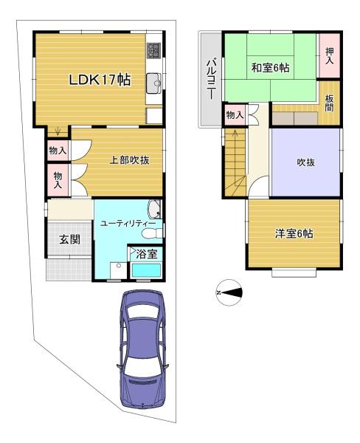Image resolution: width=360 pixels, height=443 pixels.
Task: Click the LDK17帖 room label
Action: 100,80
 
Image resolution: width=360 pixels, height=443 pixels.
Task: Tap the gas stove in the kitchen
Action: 154,50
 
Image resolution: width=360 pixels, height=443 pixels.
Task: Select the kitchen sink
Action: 154,83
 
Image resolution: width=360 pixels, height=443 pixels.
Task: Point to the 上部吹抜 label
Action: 129,160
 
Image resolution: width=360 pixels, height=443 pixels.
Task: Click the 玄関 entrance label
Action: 70,239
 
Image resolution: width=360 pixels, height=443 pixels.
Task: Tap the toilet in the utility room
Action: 152,233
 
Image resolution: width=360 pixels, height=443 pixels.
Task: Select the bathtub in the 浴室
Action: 147,270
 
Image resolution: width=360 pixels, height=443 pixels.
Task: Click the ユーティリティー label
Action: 128,224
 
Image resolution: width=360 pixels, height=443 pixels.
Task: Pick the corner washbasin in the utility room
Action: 154,209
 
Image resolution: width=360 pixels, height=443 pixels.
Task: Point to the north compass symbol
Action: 229,292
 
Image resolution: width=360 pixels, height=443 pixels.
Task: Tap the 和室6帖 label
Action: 270,68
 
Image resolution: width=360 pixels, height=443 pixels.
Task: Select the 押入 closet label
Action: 330,55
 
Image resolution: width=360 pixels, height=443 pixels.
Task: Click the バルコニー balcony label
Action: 211,80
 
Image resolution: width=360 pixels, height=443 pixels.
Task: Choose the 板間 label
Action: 329,103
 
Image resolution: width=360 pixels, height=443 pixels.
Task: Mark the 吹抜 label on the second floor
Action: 306,162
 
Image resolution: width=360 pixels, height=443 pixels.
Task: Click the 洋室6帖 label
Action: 294,233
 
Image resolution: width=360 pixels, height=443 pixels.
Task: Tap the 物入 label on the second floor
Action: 235,115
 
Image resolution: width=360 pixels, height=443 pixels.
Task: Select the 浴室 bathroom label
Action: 147,254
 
